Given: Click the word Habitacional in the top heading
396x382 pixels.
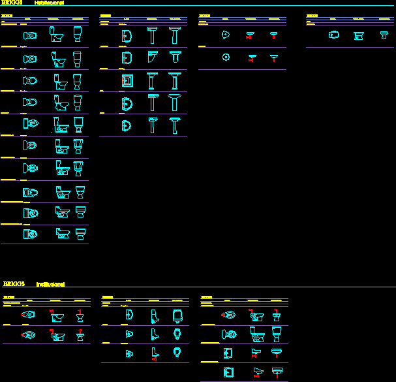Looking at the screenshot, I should [49, 3].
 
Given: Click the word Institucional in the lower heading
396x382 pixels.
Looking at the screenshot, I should [50, 284].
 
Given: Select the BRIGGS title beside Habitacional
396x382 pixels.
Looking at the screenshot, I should [12, 3].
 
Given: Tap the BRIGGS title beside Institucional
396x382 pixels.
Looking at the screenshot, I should [14, 284].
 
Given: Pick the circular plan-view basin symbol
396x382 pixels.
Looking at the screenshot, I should [226, 57].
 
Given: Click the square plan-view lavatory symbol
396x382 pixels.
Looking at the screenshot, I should [127, 81].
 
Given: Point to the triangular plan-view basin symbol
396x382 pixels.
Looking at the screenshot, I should [226, 35].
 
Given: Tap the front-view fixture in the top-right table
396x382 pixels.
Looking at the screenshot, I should [384, 35].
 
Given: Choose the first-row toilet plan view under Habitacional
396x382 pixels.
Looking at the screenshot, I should [30, 35].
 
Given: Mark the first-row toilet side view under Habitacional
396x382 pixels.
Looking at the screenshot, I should [56, 35].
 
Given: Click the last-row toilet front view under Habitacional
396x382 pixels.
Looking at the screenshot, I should [81, 234].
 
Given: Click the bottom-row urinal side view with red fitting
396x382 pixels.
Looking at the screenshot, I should [154, 354].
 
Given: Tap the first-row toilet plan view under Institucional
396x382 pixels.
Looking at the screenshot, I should [28, 315].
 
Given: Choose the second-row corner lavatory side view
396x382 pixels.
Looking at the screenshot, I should [152, 59].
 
